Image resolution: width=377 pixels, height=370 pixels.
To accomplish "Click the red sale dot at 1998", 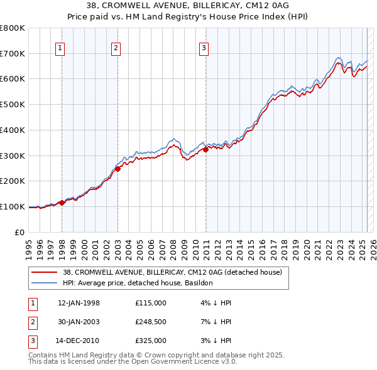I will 62,203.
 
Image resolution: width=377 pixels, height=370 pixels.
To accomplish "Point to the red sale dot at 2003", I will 117,168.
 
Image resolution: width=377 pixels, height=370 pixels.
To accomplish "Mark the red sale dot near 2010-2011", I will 205,149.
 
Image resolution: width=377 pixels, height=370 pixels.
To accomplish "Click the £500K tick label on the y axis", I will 13,104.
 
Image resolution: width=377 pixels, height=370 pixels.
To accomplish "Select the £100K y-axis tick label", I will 13,206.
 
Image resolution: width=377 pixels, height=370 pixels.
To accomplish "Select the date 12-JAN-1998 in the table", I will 79,303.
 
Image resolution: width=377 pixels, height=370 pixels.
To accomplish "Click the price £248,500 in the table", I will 151,322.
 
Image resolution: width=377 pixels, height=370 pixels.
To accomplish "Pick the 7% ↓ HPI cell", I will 214,322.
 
